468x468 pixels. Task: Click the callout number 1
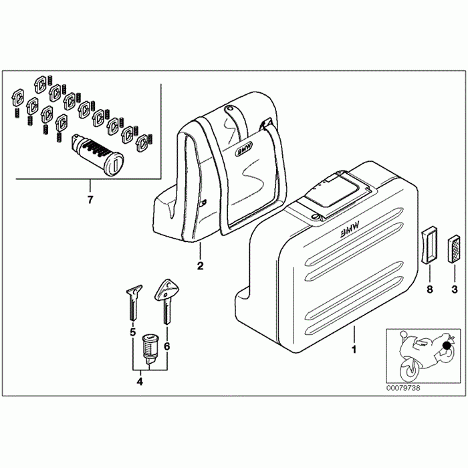coord(354,348)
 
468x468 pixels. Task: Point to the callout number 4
coord(140,382)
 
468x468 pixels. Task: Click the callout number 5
coord(132,332)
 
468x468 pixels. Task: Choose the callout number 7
coord(90,199)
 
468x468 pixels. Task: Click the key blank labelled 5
coord(133,302)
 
